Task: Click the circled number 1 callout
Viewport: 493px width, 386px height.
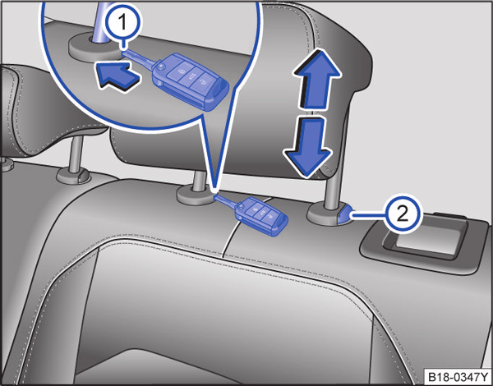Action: (x=123, y=24)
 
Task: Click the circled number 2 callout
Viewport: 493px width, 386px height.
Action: (x=403, y=215)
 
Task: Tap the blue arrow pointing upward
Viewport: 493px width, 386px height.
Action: (x=316, y=80)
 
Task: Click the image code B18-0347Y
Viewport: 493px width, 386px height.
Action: (x=456, y=376)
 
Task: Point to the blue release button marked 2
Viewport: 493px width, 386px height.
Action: (x=343, y=214)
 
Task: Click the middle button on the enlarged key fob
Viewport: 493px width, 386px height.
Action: (x=191, y=76)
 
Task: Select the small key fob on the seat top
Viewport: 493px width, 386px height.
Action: (x=262, y=215)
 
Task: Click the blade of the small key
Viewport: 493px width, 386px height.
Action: (x=225, y=201)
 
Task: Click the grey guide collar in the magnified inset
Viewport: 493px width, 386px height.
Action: (x=94, y=47)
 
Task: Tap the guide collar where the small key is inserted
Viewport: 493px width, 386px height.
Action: (x=196, y=195)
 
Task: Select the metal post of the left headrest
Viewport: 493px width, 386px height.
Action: (x=76, y=154)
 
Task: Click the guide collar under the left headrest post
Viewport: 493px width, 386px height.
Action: (x=74, y=176)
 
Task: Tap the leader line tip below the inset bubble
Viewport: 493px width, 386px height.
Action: (x=214, y=191)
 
